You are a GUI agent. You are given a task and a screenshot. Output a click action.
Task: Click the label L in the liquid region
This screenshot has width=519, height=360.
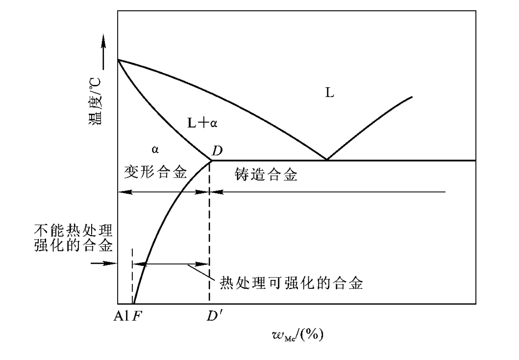[330, 93]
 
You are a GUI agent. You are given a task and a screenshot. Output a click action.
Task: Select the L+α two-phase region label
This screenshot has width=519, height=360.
[202, 123]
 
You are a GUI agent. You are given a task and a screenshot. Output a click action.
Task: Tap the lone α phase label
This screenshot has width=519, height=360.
[155, 150]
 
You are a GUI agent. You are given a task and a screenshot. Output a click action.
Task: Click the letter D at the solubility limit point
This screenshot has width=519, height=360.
[217, 151]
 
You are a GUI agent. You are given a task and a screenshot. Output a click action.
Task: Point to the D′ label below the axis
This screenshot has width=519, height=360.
[215, 316]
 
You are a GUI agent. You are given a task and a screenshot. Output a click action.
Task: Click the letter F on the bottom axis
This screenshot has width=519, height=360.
[137, 317]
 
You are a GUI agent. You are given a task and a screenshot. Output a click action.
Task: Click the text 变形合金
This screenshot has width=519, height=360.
[155, 172]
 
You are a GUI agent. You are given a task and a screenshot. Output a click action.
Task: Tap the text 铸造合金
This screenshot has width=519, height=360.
[266, 174]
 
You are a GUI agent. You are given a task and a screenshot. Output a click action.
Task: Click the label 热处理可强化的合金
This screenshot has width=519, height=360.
[291, 283]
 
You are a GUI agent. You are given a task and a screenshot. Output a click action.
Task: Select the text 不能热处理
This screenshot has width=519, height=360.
[74, 230]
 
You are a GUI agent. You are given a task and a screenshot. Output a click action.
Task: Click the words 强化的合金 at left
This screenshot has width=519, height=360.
[74, 245]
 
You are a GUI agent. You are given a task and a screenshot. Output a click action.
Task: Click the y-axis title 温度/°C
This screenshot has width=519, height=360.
[96, 102]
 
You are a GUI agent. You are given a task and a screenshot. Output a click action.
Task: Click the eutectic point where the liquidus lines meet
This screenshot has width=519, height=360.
[327, 160]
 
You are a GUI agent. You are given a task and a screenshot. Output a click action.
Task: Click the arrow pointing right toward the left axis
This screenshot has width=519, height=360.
[104, 264]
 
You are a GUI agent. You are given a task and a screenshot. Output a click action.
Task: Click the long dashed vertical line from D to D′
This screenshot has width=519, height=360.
[209, 231]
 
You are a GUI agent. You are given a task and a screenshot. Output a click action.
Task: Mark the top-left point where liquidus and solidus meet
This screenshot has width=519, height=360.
[118, 60]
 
